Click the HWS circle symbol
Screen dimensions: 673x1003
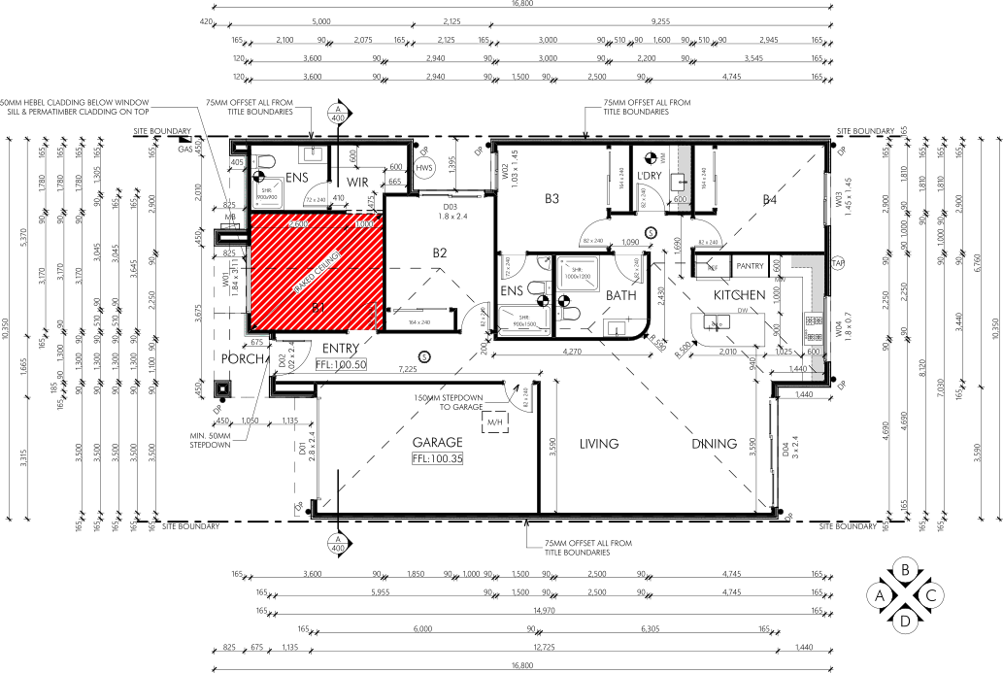click(424, 168)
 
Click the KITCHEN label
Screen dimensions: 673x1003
click(741, 294)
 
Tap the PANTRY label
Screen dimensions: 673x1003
click(751, 265)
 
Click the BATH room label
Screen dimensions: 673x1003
click(620, 294)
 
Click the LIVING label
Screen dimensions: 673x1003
click(599, 444)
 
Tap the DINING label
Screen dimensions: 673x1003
click(714, 444)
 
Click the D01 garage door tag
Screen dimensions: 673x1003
click(303, 449)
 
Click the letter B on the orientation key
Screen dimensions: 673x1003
click(905, 570)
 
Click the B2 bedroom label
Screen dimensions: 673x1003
click(440, 253)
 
